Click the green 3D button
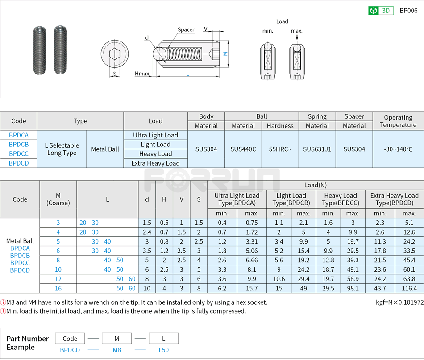[380, 11]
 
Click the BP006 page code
[408, 11]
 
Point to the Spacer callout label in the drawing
[186, 30]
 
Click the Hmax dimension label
[142, 74]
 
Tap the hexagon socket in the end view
[115, 54]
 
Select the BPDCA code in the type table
[19, 135]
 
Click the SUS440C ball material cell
[243, 149]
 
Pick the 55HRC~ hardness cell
[280, 149]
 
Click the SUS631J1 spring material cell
[317, 149]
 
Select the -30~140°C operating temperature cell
[398, 149]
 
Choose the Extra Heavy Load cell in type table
[155, 163]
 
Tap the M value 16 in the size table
[58, 289]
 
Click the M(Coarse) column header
[58, 199]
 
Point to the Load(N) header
[316, 185]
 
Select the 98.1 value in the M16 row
[353, 289]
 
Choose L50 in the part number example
[164, 350]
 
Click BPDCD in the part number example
[70, 350]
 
